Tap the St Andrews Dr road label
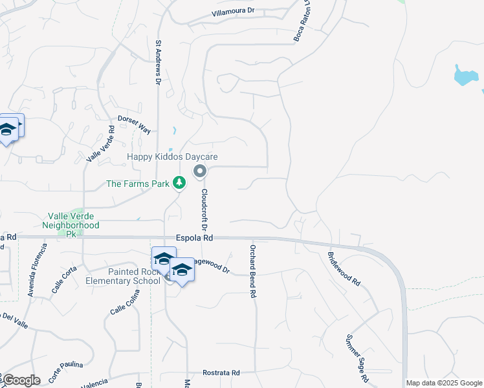point(158,63)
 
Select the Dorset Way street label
point(134,124)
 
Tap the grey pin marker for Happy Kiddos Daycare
point(200,171)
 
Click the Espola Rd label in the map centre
point(194,238)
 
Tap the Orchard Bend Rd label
point(254,271)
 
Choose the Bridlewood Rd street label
point(344,269)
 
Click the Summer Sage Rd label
point(357,358)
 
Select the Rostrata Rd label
point(221,373)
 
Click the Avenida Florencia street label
point(37,270)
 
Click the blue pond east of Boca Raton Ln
point(467,76)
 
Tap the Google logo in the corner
point(21,380)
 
